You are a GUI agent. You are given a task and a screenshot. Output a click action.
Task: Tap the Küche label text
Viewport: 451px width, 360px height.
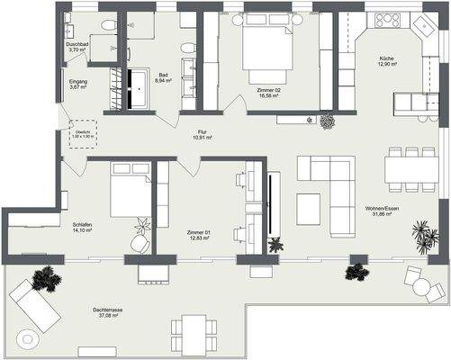(385, 58)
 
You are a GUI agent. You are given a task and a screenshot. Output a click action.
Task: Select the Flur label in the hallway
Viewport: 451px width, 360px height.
(203, 132)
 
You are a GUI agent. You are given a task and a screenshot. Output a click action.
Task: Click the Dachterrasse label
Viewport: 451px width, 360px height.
(109, 310)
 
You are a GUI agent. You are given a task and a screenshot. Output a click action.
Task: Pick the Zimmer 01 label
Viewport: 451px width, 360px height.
(199, 232)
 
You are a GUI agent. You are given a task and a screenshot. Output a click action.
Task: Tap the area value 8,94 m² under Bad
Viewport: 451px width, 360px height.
(163, 81)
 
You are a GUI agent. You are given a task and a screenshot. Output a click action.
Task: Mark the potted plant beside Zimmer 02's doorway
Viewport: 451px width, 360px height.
(326, 121)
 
